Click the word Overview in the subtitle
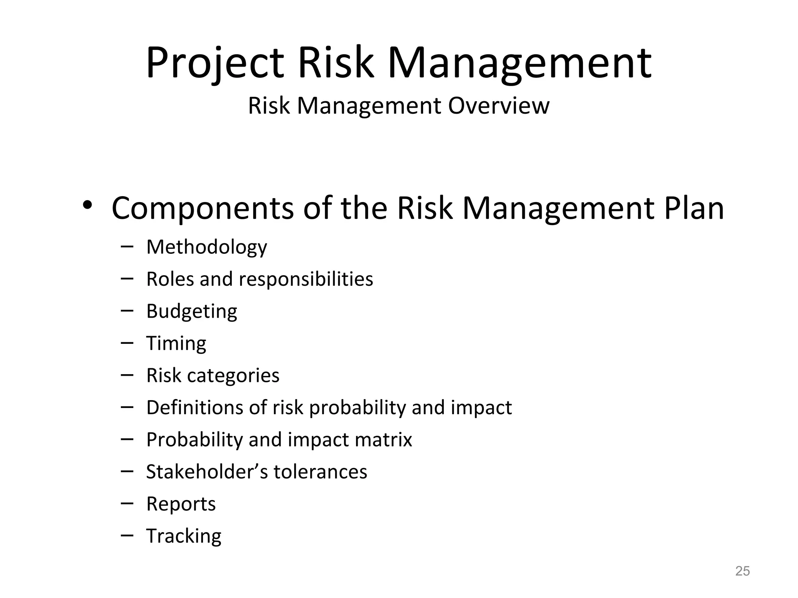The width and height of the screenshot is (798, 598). pos(498,106)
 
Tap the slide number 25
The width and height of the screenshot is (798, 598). pos(742,571)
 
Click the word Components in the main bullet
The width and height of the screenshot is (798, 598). pos(202,209)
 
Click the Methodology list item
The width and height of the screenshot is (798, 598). pos(207,247)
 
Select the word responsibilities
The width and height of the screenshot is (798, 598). pos(305,279)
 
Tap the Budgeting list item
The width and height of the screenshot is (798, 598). pos(191,311)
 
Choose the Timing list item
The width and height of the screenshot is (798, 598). pos(176,344)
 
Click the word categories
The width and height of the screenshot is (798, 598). pos(233,376)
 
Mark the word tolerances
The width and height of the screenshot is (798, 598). pos(320,472)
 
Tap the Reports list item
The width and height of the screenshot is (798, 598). pos(181,504)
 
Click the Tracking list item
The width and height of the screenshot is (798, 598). pos(184,536)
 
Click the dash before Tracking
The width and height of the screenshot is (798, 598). pos(127,536)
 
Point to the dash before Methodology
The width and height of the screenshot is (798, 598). pos(127,246)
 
